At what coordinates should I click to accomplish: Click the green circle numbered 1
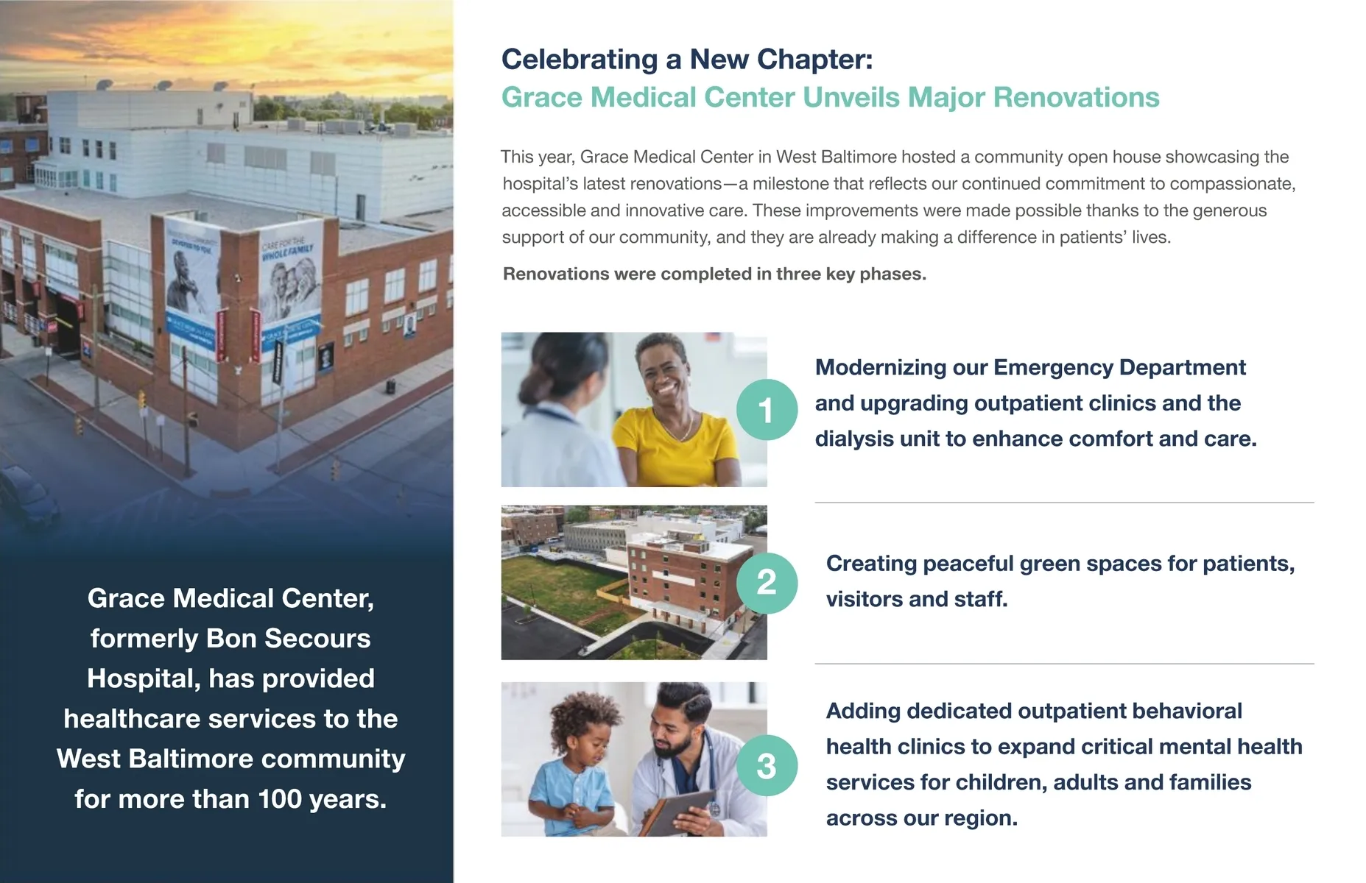[x=767, y=410]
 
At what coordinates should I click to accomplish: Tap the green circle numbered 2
[x=767, y=583]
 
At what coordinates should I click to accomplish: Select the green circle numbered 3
[x=767, y=766]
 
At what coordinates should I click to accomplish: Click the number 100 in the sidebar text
[x=279, y=799]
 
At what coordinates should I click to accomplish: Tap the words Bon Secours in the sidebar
[x=288, y=639]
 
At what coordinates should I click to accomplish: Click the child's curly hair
[x=585, y=717]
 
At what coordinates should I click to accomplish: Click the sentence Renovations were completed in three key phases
[x=714, y=274]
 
